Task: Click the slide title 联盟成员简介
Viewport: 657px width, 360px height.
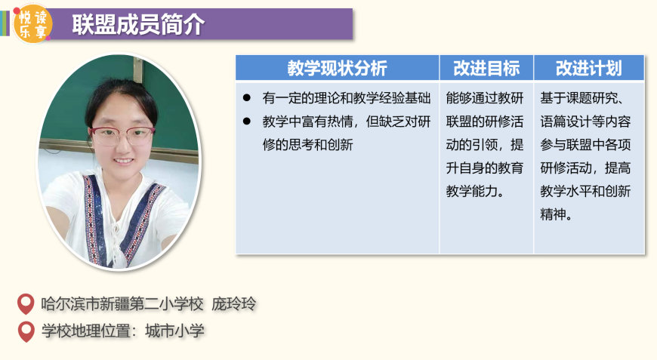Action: click(x=138, y=24)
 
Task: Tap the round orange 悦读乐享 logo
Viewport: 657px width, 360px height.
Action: click(x=32, y=25)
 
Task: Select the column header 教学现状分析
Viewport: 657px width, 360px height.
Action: click(x=338, y=68)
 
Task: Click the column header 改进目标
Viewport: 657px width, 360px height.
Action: click(x=486, y=68)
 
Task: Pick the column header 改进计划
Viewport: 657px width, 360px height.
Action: click(x=589, y=68)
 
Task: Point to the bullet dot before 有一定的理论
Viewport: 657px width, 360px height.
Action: click(x=247, y=98)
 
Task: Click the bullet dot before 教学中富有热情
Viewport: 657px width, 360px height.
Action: click(x=247, y=122)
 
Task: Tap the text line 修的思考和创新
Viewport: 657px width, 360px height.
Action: click(x=308, y=145)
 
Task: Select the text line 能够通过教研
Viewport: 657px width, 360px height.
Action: click(x=485, y=98)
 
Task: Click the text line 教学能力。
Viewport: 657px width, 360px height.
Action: click(x=475, y=191)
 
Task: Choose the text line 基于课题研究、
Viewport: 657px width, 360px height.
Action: click(x=582, y=98)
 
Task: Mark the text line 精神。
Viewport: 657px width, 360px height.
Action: click(x=557, y=215)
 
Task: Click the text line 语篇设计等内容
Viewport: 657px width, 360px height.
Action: click(x=585, y=122)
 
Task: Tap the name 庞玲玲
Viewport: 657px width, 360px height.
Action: click(x=234, y=304)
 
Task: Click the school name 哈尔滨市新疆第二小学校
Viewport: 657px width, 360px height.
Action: click(x=122, y=304)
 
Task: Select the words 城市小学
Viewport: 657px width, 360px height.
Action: click(x=174, y=331)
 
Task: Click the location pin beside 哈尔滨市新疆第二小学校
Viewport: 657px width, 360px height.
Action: click(x=26, y=304)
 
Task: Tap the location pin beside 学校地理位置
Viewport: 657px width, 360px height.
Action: click(x=26, y=331)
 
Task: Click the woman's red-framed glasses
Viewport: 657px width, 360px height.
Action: click(x=122, y=136)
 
